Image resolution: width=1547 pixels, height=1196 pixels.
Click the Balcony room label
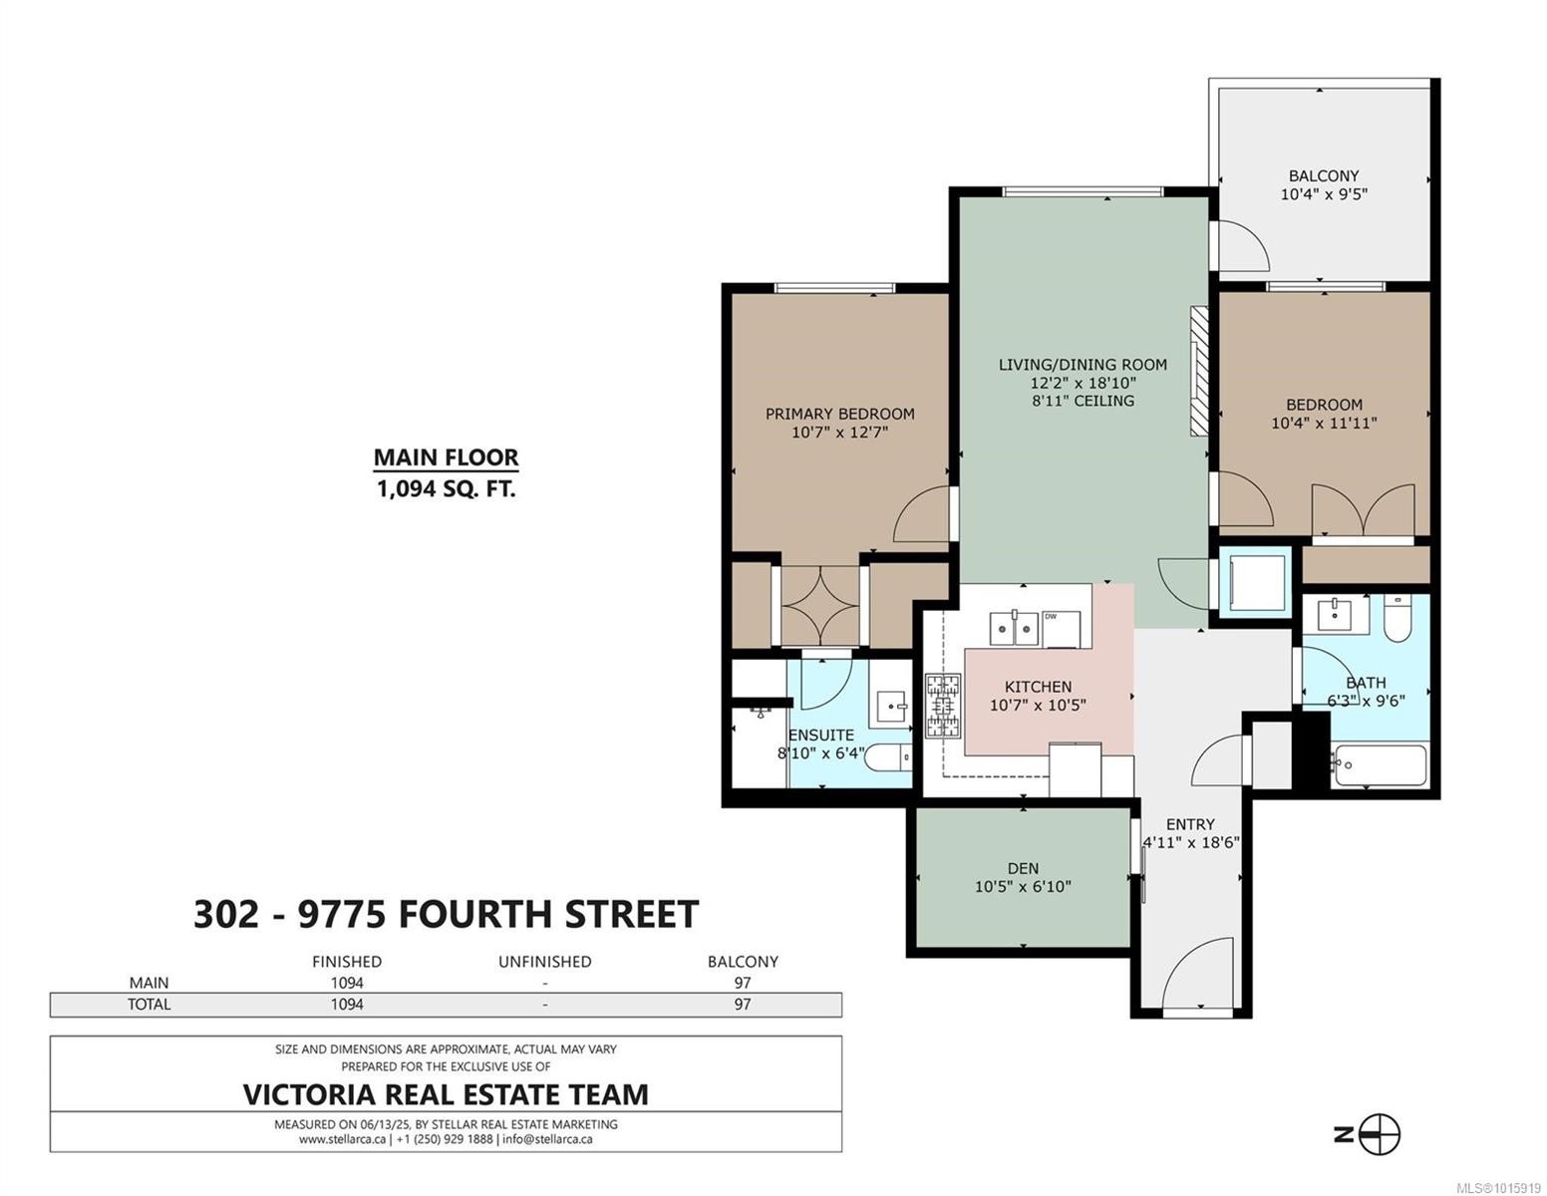pos(1323,175)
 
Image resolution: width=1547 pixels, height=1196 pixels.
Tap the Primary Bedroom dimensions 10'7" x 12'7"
pos(839,433)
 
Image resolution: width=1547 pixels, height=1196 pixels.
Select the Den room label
pos(1023,868)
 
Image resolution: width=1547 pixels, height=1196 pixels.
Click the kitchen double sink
pos(1014,629)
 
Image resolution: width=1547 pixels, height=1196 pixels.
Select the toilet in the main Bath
pos(1398,618)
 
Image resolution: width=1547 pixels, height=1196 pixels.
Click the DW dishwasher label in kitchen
pos(1051,616)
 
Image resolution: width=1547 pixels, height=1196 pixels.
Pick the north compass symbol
pos(1380,1134)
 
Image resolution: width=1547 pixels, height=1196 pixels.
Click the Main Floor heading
pos(446,457)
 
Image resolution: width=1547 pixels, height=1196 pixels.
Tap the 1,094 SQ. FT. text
pos(446,489)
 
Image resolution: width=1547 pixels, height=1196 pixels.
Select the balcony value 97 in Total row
pos(742,1005)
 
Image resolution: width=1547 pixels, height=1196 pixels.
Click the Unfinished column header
pos(544,962)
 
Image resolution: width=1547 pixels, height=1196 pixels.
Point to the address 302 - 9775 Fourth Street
pos(446,914)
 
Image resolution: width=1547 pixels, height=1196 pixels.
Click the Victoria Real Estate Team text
pos(446,1094)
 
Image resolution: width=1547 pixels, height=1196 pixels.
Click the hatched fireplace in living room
pos(1198,370)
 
